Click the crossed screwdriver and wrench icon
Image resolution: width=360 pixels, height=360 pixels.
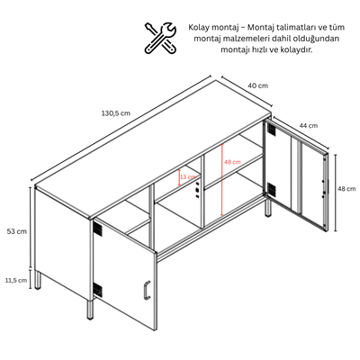pos(160,38)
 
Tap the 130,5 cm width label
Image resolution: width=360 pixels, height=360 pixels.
pos(116,113)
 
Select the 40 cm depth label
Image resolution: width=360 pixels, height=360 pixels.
pos(258,85)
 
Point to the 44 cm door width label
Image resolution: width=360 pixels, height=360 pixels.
pos(308,125)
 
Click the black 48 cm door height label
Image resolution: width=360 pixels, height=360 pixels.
pos(346,189)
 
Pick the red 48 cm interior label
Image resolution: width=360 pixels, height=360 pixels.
pos(232,162)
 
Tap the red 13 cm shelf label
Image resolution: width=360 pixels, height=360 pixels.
pos(188,176)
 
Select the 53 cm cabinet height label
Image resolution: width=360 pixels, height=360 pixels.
pos(17,231)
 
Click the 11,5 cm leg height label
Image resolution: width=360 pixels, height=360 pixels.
pos(16,281)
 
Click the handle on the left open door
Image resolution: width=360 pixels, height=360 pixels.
pos(147,290)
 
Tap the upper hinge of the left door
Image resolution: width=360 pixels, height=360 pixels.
pos(97,229)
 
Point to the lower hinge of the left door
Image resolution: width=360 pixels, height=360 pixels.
pos(97,290)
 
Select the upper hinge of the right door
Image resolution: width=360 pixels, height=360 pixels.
pos(271,129)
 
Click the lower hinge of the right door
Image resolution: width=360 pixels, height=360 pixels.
pos(271,189)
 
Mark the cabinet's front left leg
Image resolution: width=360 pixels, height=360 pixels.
pos(90,309)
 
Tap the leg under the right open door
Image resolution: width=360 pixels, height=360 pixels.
pos(268,207)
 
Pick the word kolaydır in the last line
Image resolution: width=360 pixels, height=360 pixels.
pos(299,49)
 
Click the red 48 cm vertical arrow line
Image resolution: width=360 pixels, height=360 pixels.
pos(221,179)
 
